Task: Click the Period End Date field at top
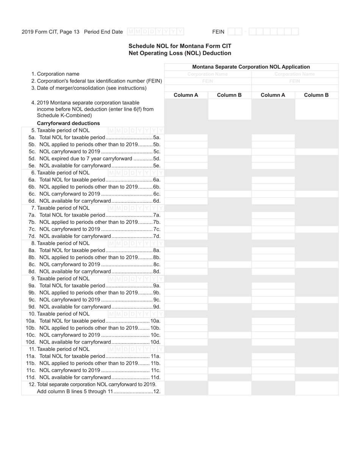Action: (156, 32)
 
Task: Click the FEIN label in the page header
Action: (218, 32)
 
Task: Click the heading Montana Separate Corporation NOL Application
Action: (251, 67)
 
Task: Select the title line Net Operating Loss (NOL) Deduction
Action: (180, 53)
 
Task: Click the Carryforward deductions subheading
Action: (68, 123)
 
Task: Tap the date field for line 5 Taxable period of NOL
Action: (136, 130)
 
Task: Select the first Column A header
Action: (186, 95)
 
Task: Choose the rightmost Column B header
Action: (316, 95)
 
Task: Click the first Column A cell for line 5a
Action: (186, 138)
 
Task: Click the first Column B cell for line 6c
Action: (229, 194)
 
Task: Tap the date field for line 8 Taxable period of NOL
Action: (136, 243)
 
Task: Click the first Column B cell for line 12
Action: (229, 388)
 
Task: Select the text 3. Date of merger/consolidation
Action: (89, 88)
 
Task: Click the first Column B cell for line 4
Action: (229, 109)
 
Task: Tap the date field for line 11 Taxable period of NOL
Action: (136, 349)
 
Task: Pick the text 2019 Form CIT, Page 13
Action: (50, 32)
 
